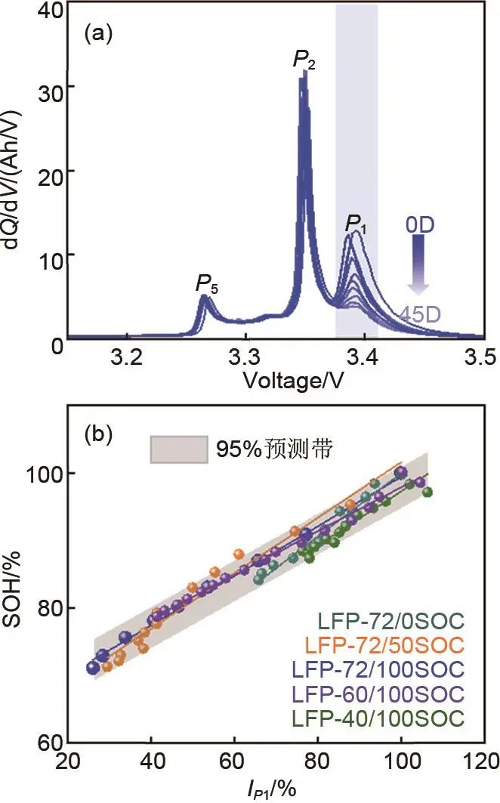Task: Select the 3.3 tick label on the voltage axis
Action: click(x=245, y=354)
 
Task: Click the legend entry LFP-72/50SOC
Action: click(x=384, y=645)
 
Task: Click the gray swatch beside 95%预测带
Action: click(x=179, y=450)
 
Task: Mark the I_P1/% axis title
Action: click(x=275, y=787)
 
